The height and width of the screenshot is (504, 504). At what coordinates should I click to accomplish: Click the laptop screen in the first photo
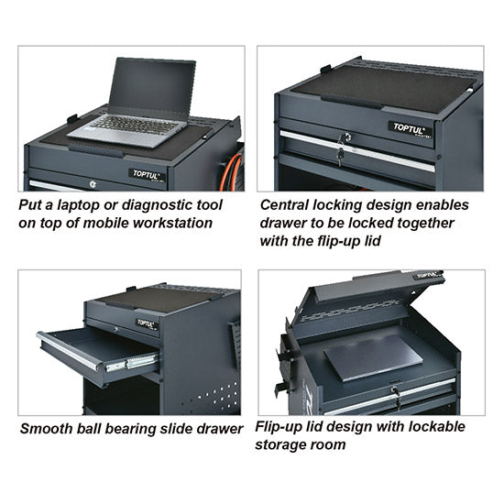point(153,85)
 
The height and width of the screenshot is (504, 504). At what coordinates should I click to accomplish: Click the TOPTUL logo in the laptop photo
point(146,174)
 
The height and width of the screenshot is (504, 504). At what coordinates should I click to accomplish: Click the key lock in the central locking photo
point(343,139)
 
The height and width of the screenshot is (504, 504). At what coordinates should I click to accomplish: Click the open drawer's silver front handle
point(69,353)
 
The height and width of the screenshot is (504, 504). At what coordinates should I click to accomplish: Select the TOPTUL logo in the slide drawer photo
point(147,323)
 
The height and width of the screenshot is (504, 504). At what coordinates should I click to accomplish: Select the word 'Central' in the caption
point(286,204)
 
